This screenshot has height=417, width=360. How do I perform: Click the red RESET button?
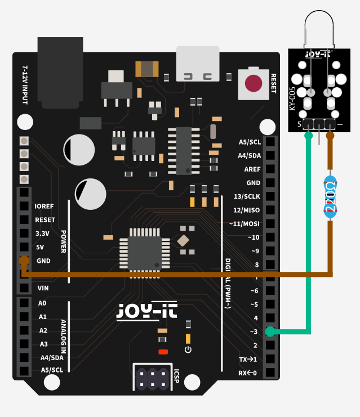coord(254,83)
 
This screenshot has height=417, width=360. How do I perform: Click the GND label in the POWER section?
coord(43,261)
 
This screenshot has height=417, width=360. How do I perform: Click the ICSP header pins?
coord(151,378)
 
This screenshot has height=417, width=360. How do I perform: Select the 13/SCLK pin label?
coord(247,196)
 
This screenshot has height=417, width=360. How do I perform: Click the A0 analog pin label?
coord(43,303)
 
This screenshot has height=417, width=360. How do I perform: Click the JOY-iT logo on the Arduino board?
coord(139,311)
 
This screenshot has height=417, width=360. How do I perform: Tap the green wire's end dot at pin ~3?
coord(270,331)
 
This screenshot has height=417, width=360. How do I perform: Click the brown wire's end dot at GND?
coord(24,261)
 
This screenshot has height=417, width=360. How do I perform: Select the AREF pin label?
coord(252,169)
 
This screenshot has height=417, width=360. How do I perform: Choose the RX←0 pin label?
coord(247,373)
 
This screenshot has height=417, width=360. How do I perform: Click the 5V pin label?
coord(40,247)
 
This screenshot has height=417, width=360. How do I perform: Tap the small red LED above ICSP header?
coord(163,352)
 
